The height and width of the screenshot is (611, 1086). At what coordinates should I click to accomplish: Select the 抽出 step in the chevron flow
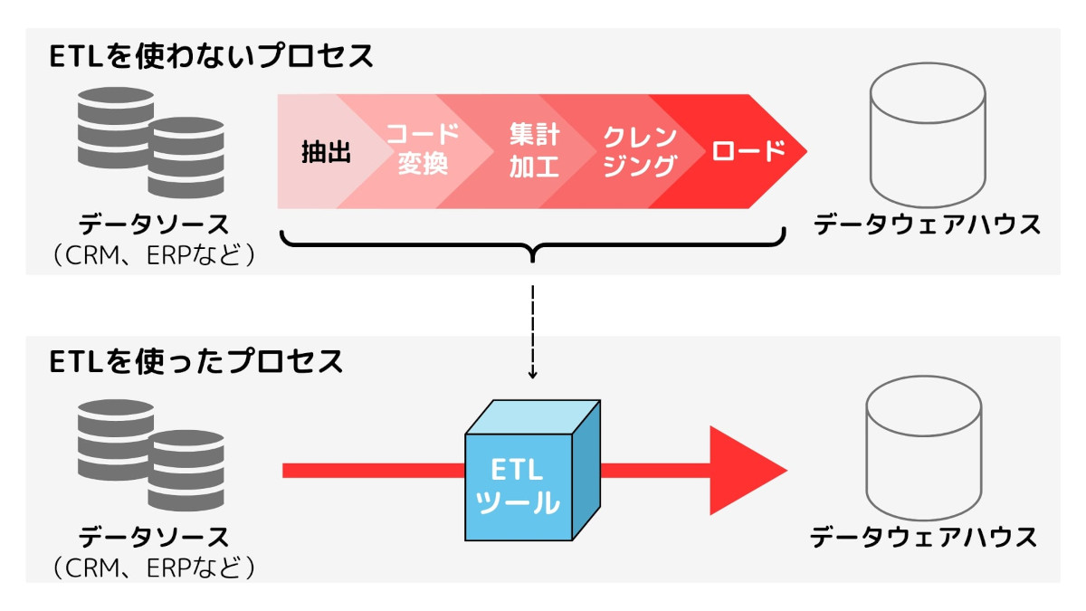coord(326,152)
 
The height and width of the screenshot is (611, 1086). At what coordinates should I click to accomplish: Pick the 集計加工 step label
coord(534,151)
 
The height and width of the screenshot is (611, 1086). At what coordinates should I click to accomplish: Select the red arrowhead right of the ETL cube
coord(747,470)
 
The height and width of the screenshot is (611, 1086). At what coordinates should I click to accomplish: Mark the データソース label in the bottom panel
coord(153,538)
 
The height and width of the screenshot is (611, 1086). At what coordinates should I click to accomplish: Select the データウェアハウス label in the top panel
coord(927,225)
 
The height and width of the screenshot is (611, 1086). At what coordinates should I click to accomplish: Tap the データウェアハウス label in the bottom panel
coord(923,538)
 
